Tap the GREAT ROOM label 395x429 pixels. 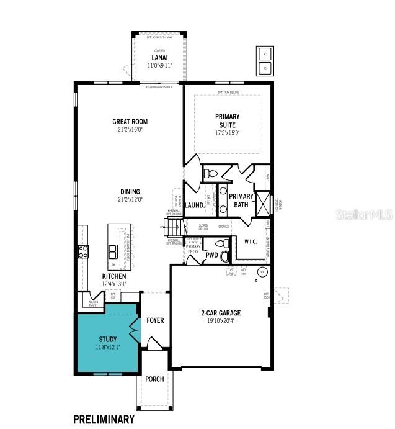(130, 122)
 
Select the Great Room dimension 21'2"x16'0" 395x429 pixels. (130, 130)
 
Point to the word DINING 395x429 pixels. (130, 192)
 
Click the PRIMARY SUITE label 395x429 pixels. (227, 120)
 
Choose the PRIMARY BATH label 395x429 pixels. (241, 201)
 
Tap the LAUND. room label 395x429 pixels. (194, 205)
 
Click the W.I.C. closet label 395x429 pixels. (251, 242)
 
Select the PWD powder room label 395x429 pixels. (211, 255)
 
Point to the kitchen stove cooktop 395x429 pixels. (82, 251)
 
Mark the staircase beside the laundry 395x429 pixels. (175, 227)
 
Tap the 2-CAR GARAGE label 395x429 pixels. (220, 313)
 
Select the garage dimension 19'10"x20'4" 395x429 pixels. (220, 321)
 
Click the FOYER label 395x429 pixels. (155, 320)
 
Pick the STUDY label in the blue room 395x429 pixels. (107, 339)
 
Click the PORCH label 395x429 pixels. (154, 379)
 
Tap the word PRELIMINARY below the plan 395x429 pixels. (104, 419)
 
